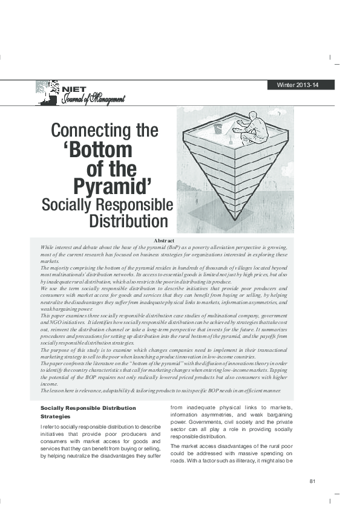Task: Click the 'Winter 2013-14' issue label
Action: point(297,85)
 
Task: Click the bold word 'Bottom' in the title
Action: point(97,150)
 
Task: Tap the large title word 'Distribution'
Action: point(128,221)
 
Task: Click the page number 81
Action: point(313,481)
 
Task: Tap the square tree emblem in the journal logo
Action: point(48,91)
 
